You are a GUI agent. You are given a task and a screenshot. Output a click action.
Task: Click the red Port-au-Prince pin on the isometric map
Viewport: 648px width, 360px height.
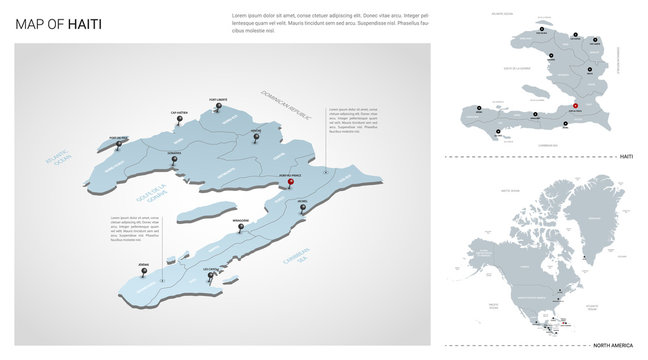tap(290, 182)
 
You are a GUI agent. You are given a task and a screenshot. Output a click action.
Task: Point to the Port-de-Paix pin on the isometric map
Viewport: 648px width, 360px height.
tap(118, 143)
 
